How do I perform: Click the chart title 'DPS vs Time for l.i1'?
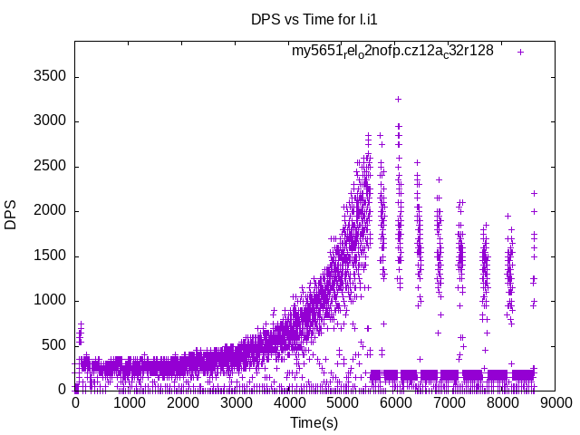pos(314,19)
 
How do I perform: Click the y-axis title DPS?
pos(11,215)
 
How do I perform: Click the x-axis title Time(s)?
pos(314,422)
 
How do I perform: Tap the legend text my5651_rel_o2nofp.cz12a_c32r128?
pos(392,51)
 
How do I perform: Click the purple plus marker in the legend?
pos(520,52)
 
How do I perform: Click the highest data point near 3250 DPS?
pos(398,99)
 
